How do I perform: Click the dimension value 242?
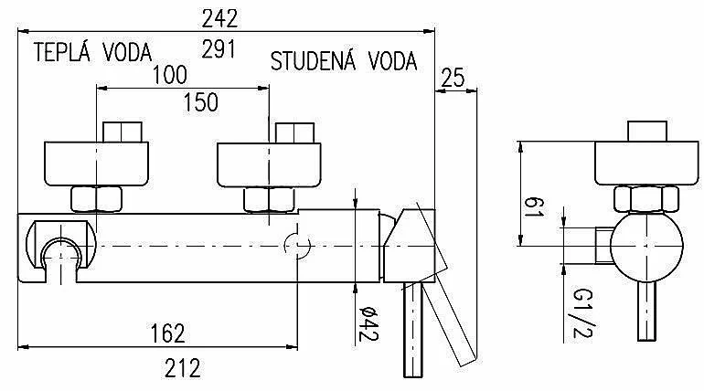click(x=219, y=18)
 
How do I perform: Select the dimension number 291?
click(x=219, y=49)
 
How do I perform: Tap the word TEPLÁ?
click(x=62, y=52)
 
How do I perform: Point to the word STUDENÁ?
click(x=314, y=61)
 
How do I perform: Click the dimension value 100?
click(x=170, y=75)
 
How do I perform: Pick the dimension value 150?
click(x=201, y=102)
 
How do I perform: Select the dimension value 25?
click(x=453, y=78)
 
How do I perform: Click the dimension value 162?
click(x=167, y=333)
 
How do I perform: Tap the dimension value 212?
click(x=182, y=368)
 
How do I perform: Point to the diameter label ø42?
click(x=369, y=323)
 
